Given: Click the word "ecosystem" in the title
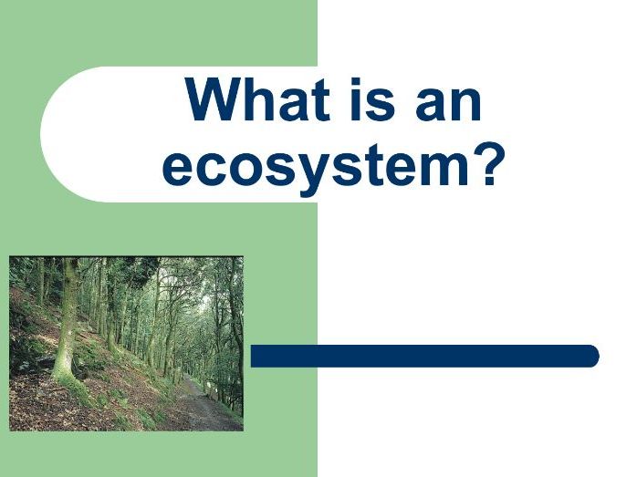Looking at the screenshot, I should pos(318,166).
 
